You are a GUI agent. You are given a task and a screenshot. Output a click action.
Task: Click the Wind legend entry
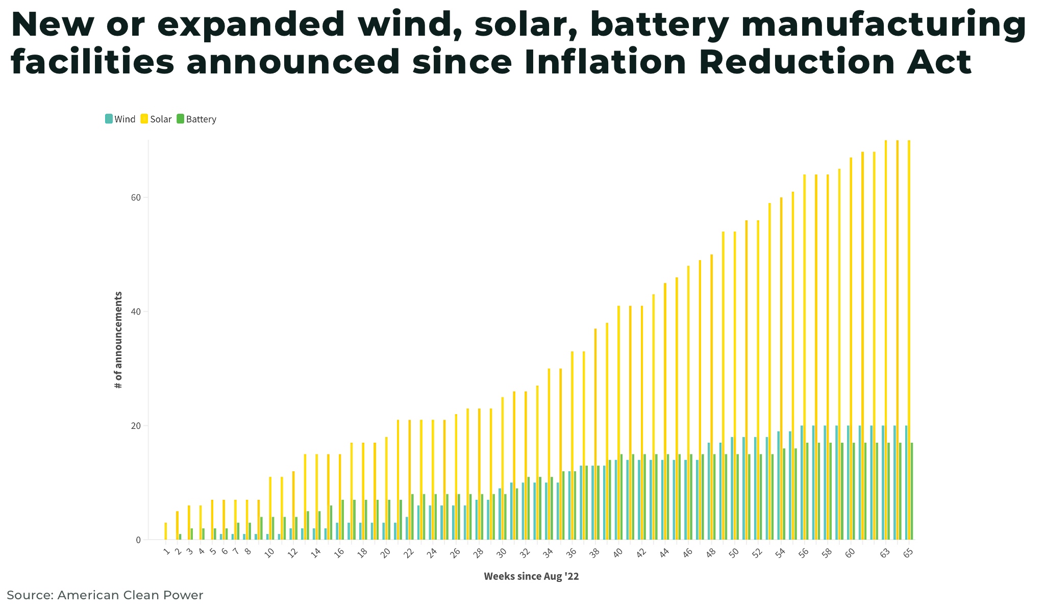click(x=120, y=119)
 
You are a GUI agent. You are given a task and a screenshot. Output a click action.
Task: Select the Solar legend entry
click(x=157, y=119)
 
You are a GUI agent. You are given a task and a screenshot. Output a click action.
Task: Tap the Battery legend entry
click(x=196, y=119)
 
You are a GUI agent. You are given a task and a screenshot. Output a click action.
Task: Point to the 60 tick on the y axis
click(x=137, y=197)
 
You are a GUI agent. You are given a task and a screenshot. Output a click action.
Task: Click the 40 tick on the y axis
click(x=137, y=312)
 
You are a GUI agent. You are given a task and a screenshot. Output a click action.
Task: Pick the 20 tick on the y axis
click(x=137, y=426)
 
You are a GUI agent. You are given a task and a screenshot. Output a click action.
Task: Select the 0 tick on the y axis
click(x=138, y=540)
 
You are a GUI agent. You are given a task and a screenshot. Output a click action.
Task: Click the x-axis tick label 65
click(x=908, y=553)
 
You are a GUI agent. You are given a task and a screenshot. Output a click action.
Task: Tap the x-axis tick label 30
click(x=502, y=553)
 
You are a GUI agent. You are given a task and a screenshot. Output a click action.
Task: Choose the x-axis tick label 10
click(x=270, y=553)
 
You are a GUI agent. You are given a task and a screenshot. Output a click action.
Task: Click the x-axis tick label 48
click(x=711, y=553)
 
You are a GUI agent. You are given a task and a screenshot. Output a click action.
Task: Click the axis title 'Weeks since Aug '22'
click(x=531, y=577)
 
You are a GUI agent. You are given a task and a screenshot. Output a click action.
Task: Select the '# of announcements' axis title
click(x=118, y=340)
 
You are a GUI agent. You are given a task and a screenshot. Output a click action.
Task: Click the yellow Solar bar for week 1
click(x=166, y=531)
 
